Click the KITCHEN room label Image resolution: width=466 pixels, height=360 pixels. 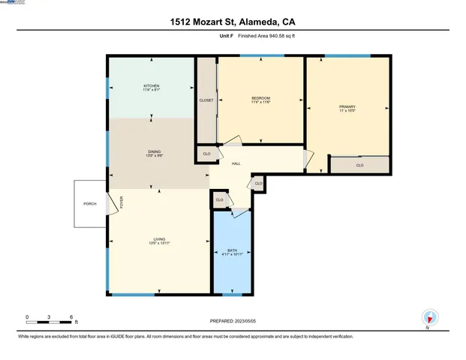[x=152, y=86]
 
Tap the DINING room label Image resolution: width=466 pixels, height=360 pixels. [x=154, y=153]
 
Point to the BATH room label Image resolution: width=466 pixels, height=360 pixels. [x=233, y=251]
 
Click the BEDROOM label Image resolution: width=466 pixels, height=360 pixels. [x=260, y=98]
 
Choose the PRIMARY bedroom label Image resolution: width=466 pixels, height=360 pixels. [x=347, y=106]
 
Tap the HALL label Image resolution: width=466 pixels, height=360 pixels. [x=236, y=163]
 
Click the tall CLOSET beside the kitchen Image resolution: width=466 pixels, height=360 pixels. [x=206, y=100]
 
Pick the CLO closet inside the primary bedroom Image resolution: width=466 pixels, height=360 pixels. [x=359, y=165]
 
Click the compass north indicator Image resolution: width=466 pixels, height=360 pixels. [x=428, y=318]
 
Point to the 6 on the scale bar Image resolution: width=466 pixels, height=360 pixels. [x=71, y=316]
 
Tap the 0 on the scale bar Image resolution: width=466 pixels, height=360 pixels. [x=27, y=316]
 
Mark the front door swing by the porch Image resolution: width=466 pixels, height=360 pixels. [x=115, y=202]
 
